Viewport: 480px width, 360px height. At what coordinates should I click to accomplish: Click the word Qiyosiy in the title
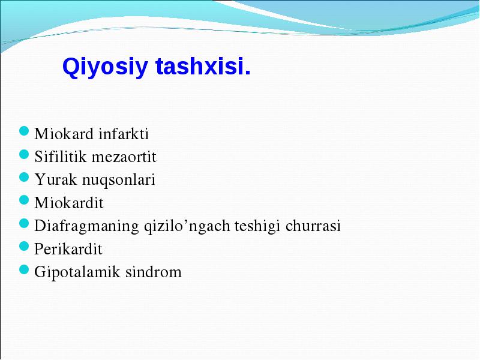[105, 67]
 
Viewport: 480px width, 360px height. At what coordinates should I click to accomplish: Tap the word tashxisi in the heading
[203, 66]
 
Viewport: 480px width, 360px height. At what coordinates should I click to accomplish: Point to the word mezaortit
[124, 157]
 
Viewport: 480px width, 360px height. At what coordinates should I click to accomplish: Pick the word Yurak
[55, 179]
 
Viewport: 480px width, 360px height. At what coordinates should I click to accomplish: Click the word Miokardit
[69, 203]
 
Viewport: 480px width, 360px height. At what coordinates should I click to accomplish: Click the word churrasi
[313, 226]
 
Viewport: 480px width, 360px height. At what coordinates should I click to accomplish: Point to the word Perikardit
[68, 248]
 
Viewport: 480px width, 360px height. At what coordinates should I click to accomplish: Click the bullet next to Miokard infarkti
[24, 131]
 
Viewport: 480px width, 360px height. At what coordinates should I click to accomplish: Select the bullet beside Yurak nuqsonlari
[24, 177]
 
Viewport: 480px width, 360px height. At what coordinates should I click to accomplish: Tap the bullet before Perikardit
[24, 246]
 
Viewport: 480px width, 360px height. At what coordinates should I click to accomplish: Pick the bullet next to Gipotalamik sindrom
[24, 269]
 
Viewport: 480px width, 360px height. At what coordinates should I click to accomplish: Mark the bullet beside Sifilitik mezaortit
[24, 154]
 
